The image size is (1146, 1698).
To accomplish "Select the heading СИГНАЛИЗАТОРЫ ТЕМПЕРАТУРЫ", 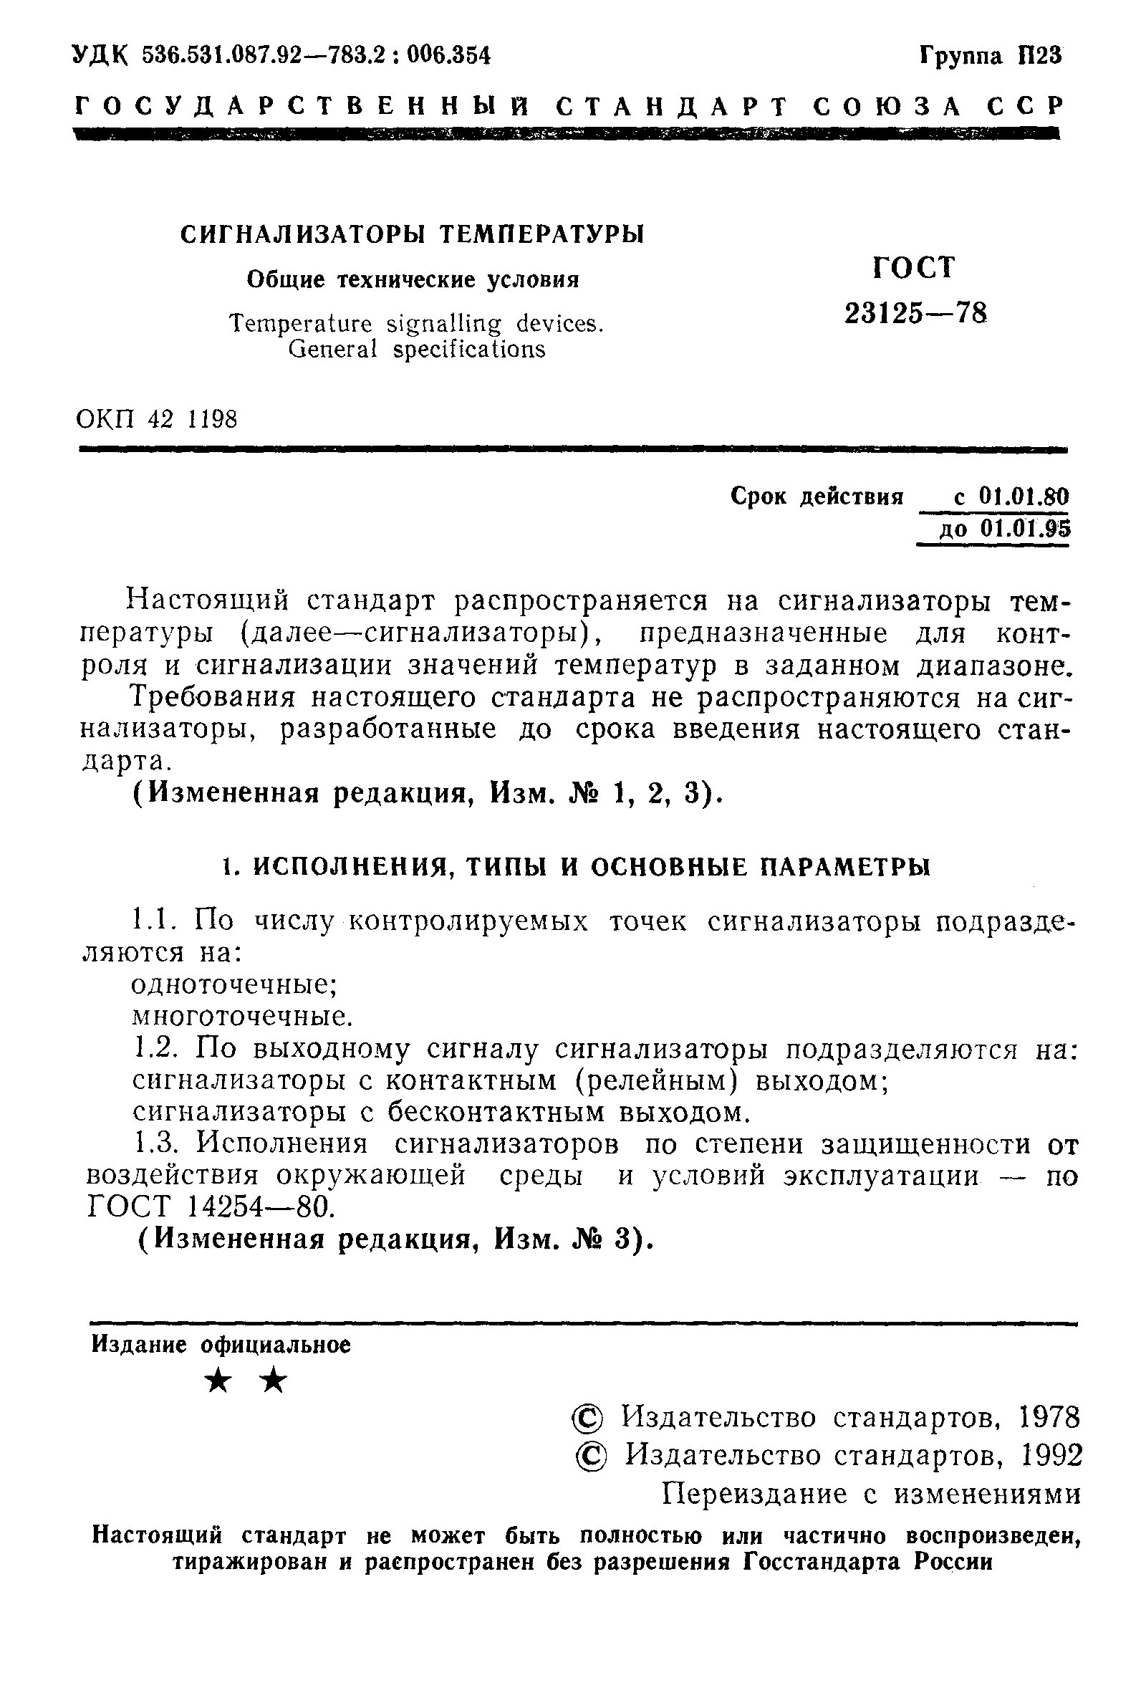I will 413,234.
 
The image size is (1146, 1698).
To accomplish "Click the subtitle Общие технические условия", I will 413,280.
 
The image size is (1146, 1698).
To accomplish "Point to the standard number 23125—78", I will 916,315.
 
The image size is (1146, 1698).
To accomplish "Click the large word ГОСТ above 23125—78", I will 913,267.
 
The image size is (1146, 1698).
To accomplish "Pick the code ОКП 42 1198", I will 157,419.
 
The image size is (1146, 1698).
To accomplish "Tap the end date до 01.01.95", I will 1004,527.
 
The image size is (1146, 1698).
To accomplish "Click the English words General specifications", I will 416,350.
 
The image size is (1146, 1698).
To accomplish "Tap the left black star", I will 218,1381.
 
